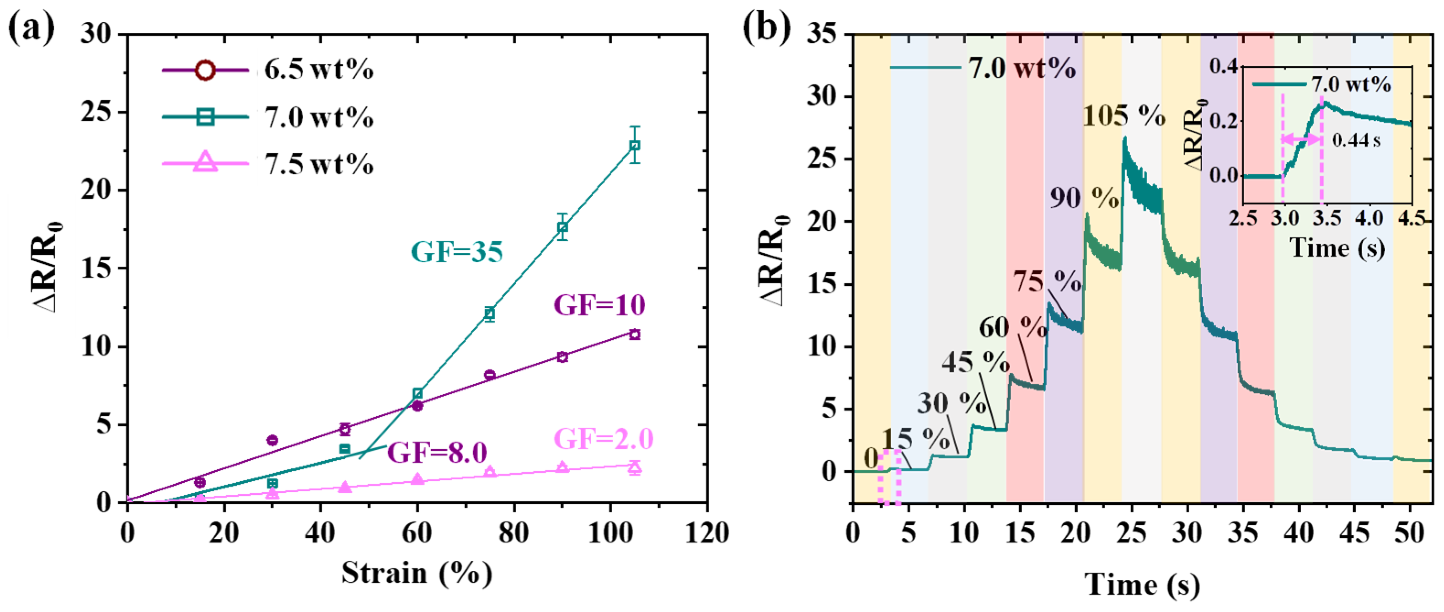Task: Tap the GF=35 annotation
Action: pyautogui.click(x=457, y=252)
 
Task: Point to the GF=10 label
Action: pyautogui.click(x=599, y=306)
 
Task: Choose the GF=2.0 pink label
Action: pyautogui.click(x=604, y=439)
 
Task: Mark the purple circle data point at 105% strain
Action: pyautogui.click(x=635, y=334)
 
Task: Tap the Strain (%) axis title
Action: pyautogui.click(x=417, y=573)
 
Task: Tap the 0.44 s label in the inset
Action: pyautogui.click(x=1355, y=140)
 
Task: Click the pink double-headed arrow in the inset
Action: pyautogui.click(x=1302, y=139)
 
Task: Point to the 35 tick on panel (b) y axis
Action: pyautogui.click(x=822, y=35)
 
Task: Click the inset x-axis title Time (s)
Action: pyautogui.click(x=1337, y=247)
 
